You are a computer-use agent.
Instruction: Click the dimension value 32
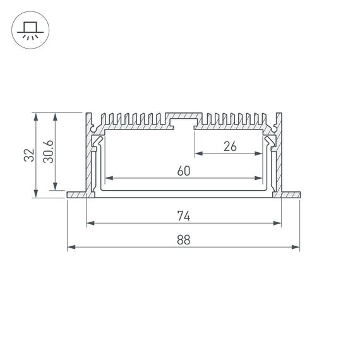(x=28, y=155)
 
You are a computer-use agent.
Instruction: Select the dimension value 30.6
(x=49, y=152)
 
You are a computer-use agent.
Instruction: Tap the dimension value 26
(x=229, y=147)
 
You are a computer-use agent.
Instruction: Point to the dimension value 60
(x=184, y=171)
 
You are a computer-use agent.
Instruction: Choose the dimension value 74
(x=184, y=216)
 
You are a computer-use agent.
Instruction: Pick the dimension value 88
(x=184, y=240)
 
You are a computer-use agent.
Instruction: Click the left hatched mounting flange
(x=76, y=195)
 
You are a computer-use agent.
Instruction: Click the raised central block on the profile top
(x=184, y=119)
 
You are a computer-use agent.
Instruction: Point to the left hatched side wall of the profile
(x=89, y=158)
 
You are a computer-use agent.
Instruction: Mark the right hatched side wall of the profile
(x=279, y=158)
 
